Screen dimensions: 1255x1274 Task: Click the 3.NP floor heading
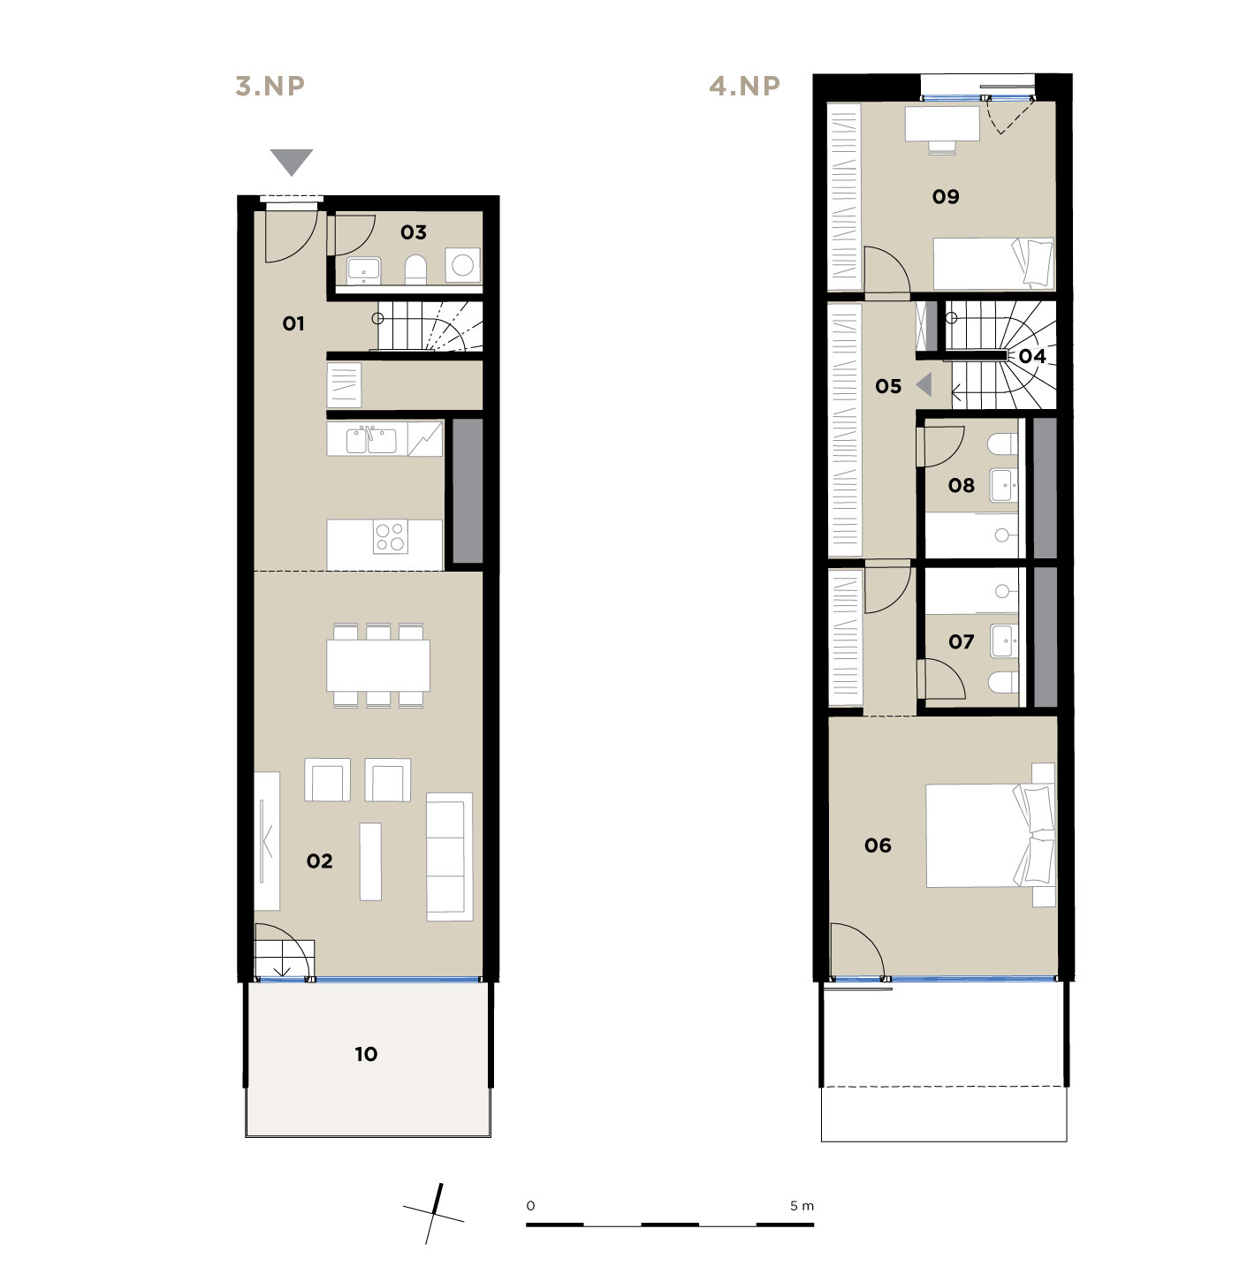click(x=270, y=86)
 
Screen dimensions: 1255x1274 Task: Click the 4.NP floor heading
click(x=744, y=86)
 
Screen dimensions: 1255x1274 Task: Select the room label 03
click(x=414, y=232)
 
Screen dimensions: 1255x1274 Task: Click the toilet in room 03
click(x=415, y=270)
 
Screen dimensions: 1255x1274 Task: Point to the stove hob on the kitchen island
click(x=390, y=536)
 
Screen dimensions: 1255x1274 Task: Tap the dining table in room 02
click(x=377, y=665)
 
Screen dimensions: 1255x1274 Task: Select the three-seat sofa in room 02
click(x=449, y=857)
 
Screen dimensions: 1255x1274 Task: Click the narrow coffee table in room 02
click(x=370, y=861)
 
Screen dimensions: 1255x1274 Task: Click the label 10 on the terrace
click(x=366, y=1054)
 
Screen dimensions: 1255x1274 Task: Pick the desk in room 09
click(x=942, y=124)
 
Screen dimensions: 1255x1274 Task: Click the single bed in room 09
click(x=993, y=263)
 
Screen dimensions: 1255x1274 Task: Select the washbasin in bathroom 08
click(x=1002, y=485)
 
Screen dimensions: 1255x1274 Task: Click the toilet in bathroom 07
click(x=1003, y=682)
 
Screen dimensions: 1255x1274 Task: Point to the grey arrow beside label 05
click(x=924, y=384)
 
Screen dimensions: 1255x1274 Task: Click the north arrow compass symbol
click(x=434, y=1214)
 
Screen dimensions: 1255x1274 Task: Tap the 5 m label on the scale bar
click(x=802, y=1205)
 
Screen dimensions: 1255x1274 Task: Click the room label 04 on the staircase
click(x=1032, y=356)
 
